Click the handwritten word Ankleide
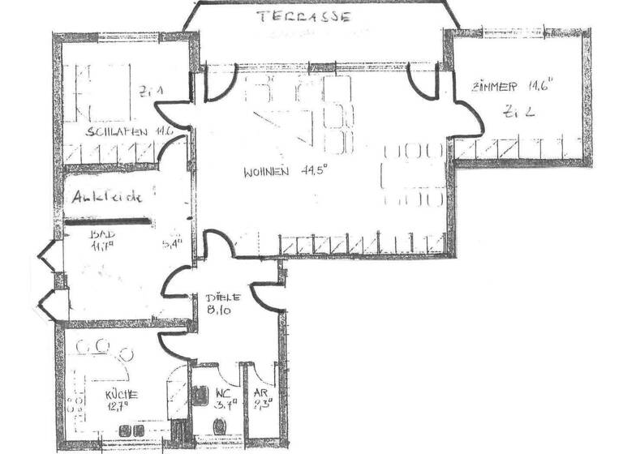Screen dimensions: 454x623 point(107,196)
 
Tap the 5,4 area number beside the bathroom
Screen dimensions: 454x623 point(172,241)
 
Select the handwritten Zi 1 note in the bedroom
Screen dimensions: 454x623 point(152,91)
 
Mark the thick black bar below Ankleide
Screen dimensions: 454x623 point(108,220)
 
